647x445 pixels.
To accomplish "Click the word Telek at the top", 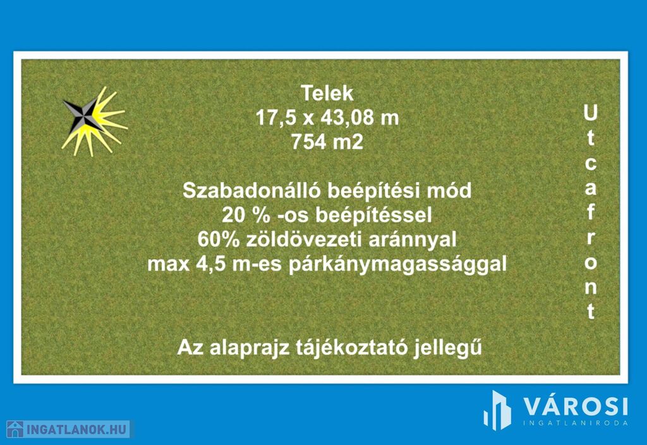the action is pos(327,94).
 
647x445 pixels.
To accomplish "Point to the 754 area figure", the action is pos(306,142).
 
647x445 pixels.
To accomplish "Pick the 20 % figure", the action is pos(246,215).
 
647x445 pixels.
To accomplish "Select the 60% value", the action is pos(218,240).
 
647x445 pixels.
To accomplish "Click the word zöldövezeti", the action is pos(304,240).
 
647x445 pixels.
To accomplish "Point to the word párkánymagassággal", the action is pos(397,265).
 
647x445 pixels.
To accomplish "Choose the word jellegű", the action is pos(448,348).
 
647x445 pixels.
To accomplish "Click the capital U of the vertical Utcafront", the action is pos(591,113).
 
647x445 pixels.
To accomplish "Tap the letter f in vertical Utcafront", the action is pos(591,212).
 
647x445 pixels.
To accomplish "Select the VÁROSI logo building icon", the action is pos(497,410).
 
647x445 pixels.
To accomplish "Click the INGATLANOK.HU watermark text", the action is pos(76,430).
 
